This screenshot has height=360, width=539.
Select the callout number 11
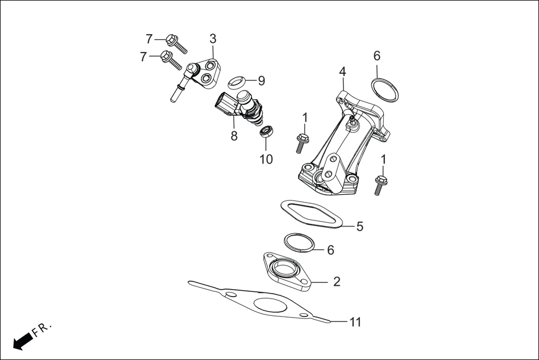pos(355,322)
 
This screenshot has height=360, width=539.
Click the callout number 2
pos(336,281)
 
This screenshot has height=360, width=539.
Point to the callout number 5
pos(360,226)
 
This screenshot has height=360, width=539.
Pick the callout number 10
pos(266,159)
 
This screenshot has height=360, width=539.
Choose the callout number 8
pos(234,136)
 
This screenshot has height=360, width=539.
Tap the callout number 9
pos(261,80)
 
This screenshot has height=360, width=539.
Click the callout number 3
pos(213,39)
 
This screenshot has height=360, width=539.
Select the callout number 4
pos(342,71)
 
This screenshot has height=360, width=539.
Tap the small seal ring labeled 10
pos(267,132)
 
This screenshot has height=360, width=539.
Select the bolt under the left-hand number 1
pos(301,142)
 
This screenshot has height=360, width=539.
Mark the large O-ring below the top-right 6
pos(385,90)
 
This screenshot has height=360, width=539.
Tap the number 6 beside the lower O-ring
pos(330,250)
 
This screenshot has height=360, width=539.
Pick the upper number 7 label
pos(149,39)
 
